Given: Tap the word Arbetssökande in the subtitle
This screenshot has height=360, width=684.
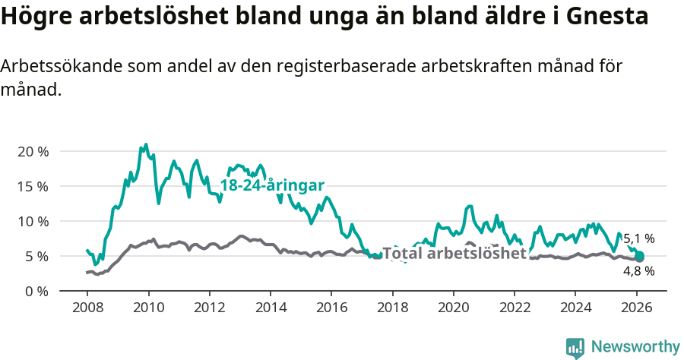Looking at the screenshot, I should [x=56, y=66].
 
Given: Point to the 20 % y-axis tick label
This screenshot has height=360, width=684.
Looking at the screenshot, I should [x=33, y=151].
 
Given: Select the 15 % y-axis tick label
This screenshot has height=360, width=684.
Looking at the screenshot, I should [x=33, y=186].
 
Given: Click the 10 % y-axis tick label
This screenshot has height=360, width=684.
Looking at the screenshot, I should [x=33, y=221].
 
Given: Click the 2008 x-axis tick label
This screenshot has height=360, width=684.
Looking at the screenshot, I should [x=87, y=308].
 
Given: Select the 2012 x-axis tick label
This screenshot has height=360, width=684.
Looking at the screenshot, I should [x=209, y=308].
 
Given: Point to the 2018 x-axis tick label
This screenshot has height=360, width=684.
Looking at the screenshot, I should [x=392, y=308].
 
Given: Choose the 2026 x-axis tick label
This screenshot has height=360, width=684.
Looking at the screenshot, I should [x=636, y=308].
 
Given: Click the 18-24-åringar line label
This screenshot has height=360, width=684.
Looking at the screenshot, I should [x=272, y=185].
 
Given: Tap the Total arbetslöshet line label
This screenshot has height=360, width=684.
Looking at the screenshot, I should [x=454, y=253].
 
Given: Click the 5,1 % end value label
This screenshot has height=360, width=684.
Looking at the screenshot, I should [x=638, y=238].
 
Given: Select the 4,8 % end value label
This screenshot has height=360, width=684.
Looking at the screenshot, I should [x=638, y=271].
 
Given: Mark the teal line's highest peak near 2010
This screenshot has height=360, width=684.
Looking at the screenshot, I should [x=146, y=144].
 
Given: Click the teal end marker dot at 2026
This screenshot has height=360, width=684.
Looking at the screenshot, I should [x=639, y=256].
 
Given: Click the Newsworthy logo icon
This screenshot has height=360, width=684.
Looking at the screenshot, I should [x=575, y=348].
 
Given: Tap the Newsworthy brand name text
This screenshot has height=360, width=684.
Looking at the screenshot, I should [x=635, y=347].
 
